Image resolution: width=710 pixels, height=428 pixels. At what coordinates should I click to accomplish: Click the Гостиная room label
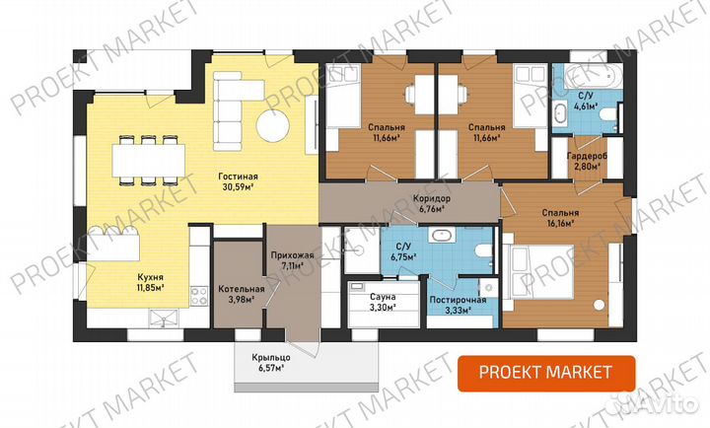(238, 177)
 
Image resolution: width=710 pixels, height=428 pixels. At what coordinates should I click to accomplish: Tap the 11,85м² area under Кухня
(151, 287)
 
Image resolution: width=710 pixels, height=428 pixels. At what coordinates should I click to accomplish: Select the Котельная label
(242, 289)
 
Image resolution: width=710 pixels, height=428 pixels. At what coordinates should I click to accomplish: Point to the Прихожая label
(293, 255)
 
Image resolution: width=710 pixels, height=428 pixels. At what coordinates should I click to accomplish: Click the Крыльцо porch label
(271, 358)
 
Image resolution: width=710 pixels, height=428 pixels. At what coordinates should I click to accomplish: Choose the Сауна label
(383, 297)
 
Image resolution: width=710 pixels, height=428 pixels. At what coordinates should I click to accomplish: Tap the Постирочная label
(458, 300)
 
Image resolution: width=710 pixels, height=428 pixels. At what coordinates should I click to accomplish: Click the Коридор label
(432, 198)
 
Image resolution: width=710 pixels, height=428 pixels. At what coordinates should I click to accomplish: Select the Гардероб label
(588, 156)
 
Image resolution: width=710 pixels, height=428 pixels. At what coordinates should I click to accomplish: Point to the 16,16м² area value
(560, 223)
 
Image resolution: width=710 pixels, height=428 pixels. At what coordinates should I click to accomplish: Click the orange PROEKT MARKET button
(546, 373)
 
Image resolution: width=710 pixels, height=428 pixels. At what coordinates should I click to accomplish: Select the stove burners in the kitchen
(199, 296)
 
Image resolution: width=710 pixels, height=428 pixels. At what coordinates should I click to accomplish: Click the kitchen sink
(164, 318)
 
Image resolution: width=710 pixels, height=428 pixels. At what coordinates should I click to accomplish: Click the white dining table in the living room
(149, 160)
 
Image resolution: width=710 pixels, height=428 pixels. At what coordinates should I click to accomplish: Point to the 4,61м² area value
(586, 107)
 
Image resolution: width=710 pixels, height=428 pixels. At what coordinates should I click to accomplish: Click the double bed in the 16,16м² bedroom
(542, 272)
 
